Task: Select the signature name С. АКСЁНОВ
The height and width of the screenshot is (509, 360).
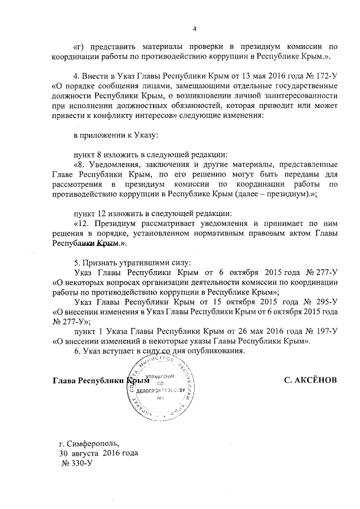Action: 310,380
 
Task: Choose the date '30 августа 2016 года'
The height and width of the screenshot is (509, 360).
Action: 98,453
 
